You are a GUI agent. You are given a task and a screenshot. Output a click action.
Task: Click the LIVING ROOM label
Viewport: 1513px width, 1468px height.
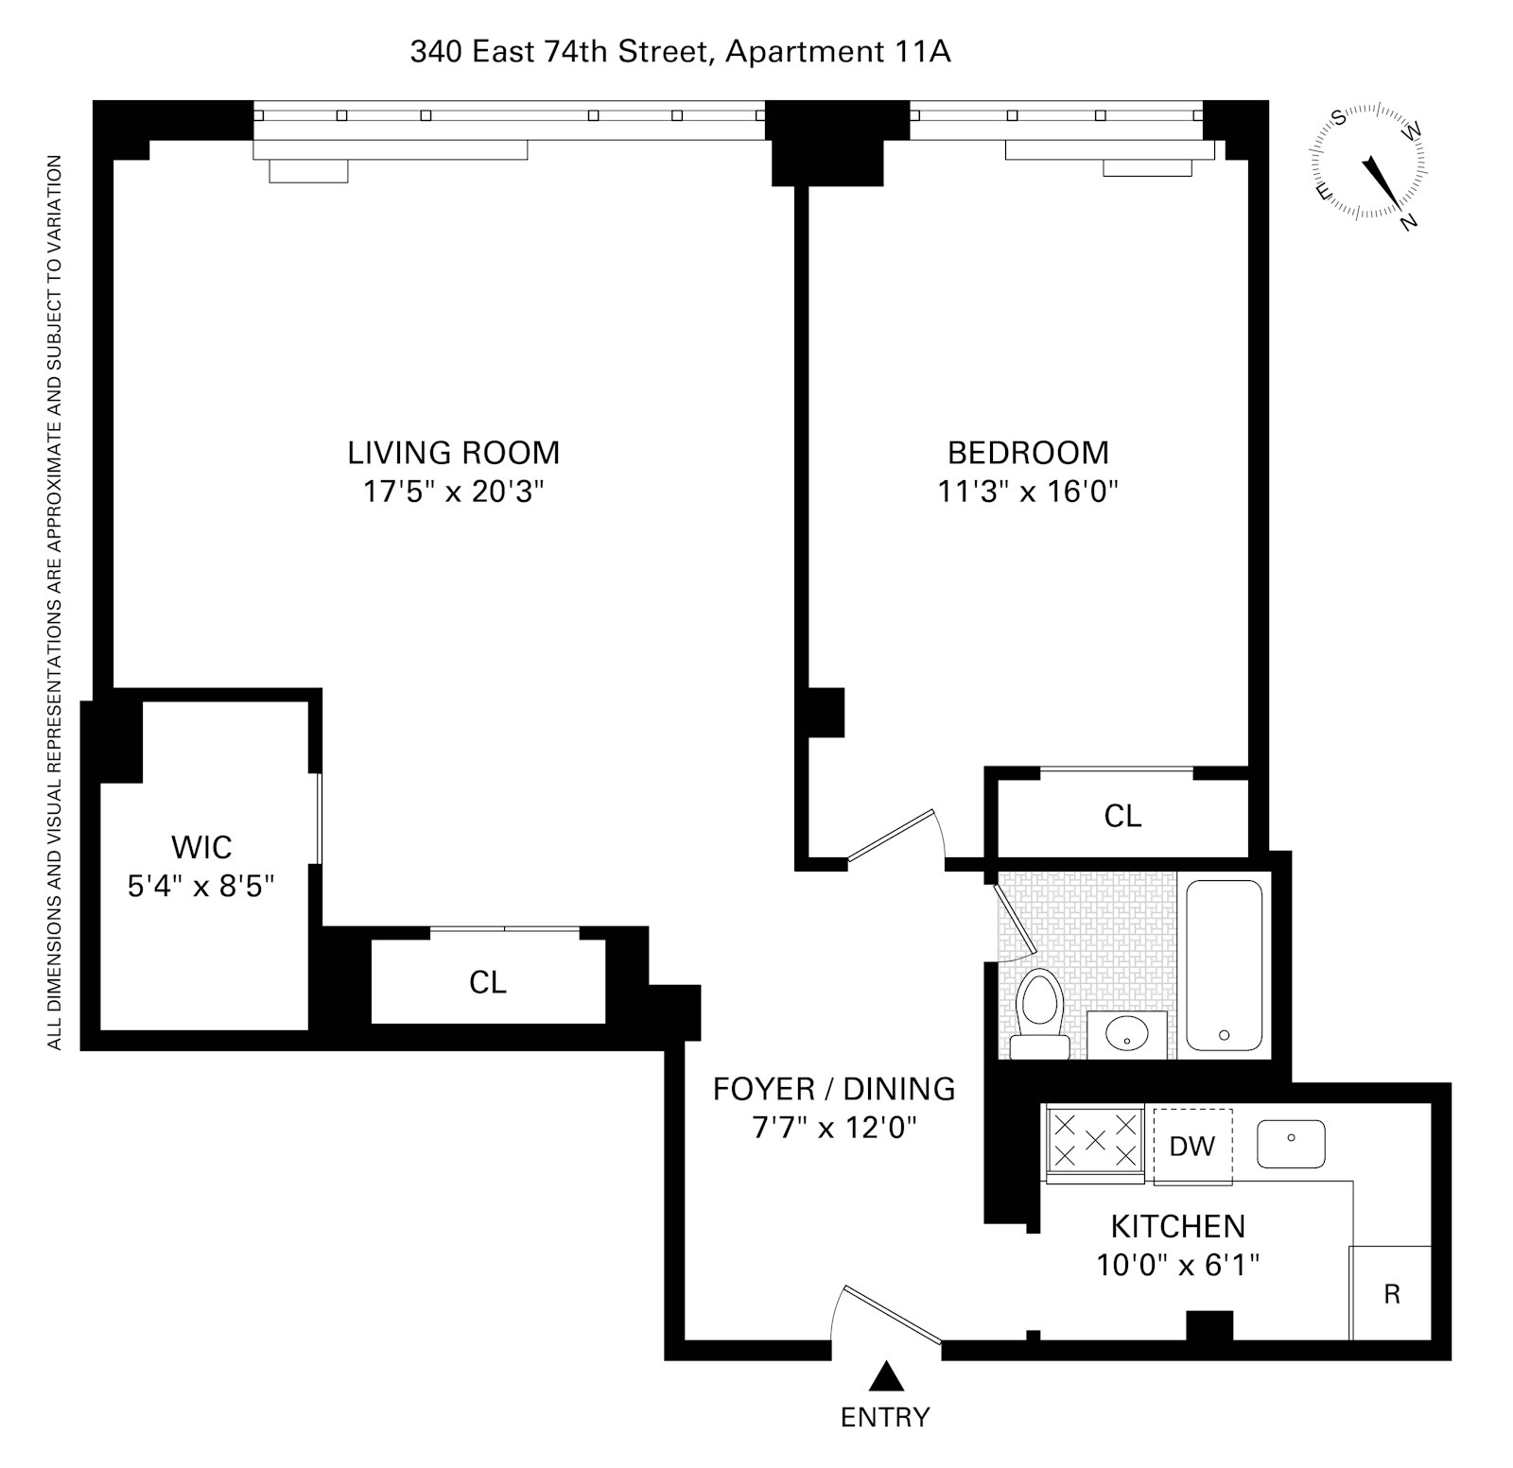click(x=453, y=453)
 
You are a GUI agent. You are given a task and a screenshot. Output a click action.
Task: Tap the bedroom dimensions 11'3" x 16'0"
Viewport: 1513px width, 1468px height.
click(x=1028, y=492)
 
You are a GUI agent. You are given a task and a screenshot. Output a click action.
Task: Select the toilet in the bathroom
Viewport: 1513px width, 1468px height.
click(x=1040, y=1011)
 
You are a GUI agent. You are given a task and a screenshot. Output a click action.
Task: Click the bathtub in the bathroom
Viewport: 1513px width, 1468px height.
click(x=1225, y=965)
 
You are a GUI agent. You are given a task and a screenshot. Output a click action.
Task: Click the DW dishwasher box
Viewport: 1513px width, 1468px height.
click(x=1192, y=1146)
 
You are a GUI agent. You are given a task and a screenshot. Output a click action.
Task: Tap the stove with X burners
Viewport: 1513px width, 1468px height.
click(x=1095, y=1141)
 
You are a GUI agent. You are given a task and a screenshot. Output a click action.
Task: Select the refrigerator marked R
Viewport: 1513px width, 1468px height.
click(x=1391, y=1293)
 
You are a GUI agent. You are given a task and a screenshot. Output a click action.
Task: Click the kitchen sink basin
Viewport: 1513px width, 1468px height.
click(x=1291, y=1144)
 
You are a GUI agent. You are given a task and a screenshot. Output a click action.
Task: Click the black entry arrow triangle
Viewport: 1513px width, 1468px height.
click(x=886, y=1376)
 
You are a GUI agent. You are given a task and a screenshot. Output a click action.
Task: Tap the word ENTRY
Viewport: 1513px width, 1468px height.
click(x=885, y=1417)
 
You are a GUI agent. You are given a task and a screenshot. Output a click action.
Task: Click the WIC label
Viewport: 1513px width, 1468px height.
click(x=201, y=846)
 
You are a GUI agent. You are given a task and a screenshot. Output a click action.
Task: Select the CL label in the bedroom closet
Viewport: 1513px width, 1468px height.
click(x=1122, y=815)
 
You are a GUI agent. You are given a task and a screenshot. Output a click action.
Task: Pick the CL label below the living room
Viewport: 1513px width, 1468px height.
click(x=488, y=982)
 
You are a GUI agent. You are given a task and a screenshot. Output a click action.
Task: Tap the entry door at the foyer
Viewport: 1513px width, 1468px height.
click(x=890, y=1314)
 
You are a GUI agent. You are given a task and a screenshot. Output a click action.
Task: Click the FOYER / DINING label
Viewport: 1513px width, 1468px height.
click(x=833, y=1089)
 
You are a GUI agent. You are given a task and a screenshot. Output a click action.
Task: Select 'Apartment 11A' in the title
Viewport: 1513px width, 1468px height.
click(x=837, y=51)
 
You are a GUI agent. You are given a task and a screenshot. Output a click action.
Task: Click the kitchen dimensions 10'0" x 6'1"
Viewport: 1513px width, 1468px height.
click(x=1177, y=1264)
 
